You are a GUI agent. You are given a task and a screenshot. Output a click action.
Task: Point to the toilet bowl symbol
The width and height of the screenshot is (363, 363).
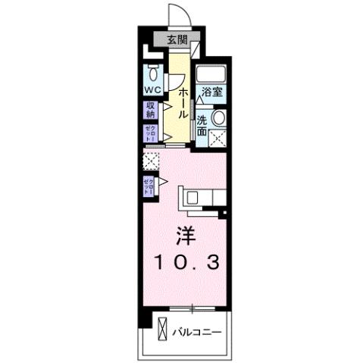(153, 74)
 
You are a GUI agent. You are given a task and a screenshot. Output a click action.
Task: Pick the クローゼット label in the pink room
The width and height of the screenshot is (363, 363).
(149, 186)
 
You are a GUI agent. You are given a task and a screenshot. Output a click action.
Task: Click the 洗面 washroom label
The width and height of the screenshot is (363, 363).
(202, 125)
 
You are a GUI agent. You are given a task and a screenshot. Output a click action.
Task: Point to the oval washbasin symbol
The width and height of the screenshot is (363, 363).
(218, 118)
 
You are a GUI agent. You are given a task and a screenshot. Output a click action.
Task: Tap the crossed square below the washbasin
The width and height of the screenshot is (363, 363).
(219, 137)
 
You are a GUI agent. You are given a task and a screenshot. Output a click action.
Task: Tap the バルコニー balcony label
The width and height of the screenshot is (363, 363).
(196, 331)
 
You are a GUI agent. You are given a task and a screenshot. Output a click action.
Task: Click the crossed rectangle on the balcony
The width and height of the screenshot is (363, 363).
(163, 330)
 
